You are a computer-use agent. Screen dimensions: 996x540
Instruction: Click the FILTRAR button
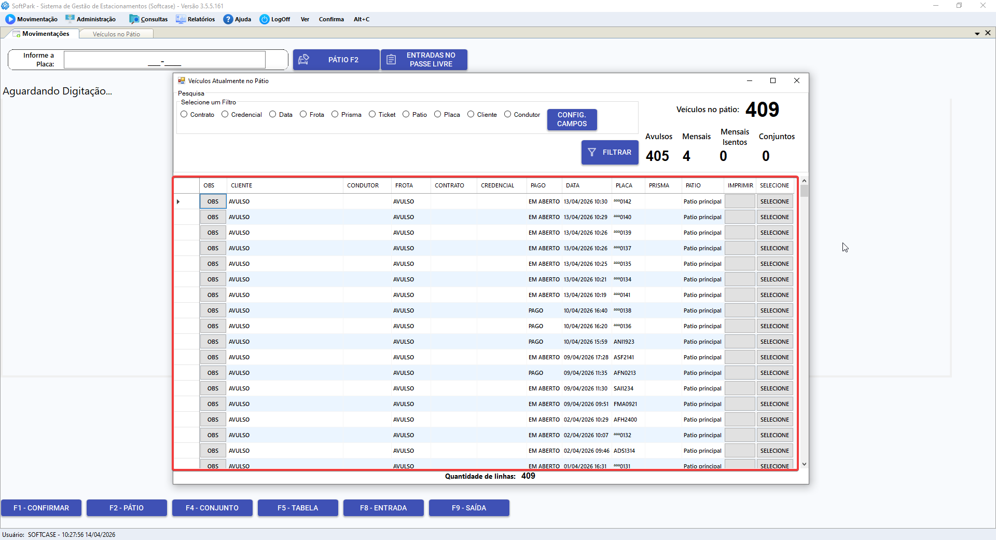tap(610, 152)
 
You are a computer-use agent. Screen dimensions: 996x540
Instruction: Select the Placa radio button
tap(438, 114)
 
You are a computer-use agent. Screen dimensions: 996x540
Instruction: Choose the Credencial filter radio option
tap(225, 114)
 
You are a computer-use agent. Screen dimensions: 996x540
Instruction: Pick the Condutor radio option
tap(508, 114)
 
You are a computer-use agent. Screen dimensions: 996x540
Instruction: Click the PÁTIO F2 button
tap(336, 60)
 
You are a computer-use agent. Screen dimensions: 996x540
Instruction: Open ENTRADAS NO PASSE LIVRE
tap(424, 60)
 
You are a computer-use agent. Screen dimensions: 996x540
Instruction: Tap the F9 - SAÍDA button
tap(469, 508)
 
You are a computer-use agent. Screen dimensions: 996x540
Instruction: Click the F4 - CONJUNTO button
tap(212, 508)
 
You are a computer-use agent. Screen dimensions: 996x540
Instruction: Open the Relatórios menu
tap(196, 19)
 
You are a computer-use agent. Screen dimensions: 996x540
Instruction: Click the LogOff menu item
tap(275, 19)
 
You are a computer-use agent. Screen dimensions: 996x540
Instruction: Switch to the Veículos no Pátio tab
tap(116, 34)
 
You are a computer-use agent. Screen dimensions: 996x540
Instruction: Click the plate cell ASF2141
tap(624, 357)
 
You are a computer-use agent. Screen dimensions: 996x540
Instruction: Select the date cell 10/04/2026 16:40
tap(586, 310)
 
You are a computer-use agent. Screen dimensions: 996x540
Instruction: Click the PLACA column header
tap(624, 185)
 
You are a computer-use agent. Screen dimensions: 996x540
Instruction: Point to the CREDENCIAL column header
tap(497, 185)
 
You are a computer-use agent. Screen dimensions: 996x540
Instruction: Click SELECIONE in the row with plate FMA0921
tap(774, 404)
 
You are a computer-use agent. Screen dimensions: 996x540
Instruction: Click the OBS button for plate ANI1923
tap(213, 342)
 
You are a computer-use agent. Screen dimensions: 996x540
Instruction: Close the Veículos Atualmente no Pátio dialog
tap(797, 80)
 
